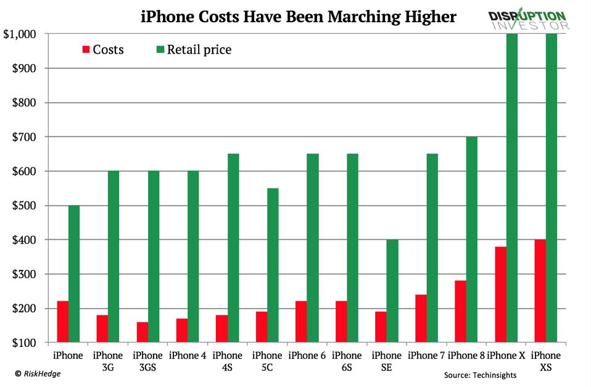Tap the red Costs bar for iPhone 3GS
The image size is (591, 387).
tap(142, 332)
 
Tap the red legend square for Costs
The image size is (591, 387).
tap(86, 49)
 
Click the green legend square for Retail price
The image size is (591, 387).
tap(160, 49)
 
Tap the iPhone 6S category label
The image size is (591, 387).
tap(347, 361)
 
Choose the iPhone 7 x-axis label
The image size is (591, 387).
tap(426, 356)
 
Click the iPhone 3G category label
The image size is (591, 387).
tap(108, 361)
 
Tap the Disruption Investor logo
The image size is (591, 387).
tap(528, 20)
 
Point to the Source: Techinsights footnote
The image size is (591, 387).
tap(480, 375)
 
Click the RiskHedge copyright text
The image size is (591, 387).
tap(38, 373)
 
